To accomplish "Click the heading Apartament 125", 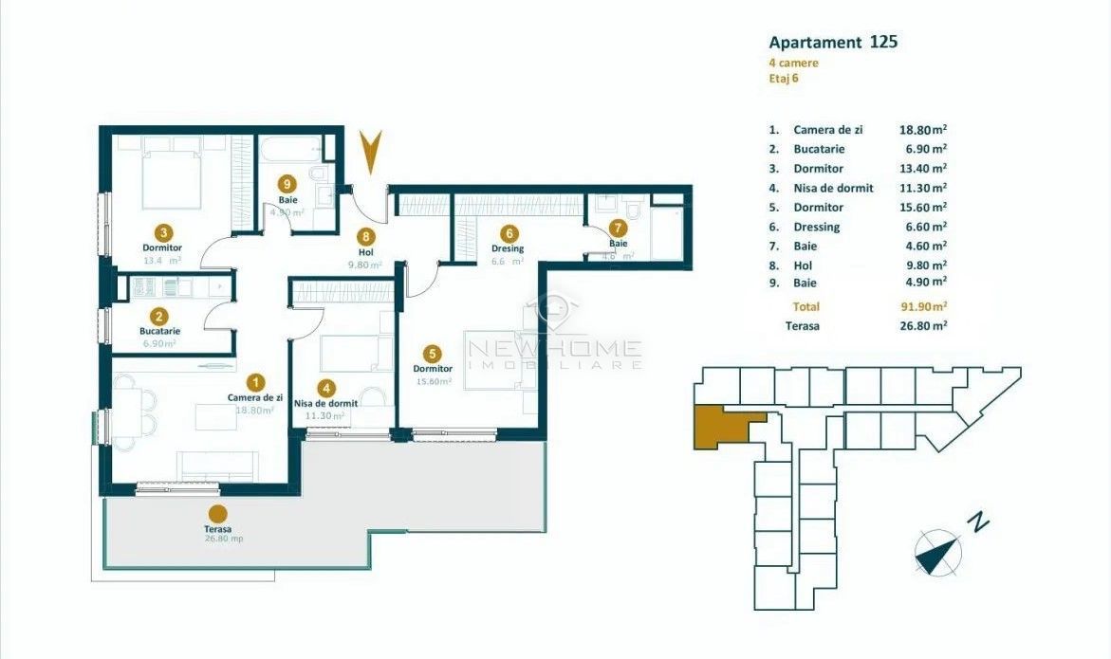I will [832, 42].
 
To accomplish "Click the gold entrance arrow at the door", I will [371, 152].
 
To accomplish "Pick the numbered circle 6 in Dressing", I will [509, 232].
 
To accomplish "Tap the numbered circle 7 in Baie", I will [618, 228].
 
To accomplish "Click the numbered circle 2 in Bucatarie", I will [159, 316].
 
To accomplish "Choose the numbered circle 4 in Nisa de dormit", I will [326, 387].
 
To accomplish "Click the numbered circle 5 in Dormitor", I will [433, 352].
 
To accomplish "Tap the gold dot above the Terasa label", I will [217, 513].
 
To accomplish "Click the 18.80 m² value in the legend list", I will [922, 130].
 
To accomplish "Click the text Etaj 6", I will [783, 79].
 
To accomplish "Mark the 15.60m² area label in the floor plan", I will [433, 381].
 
